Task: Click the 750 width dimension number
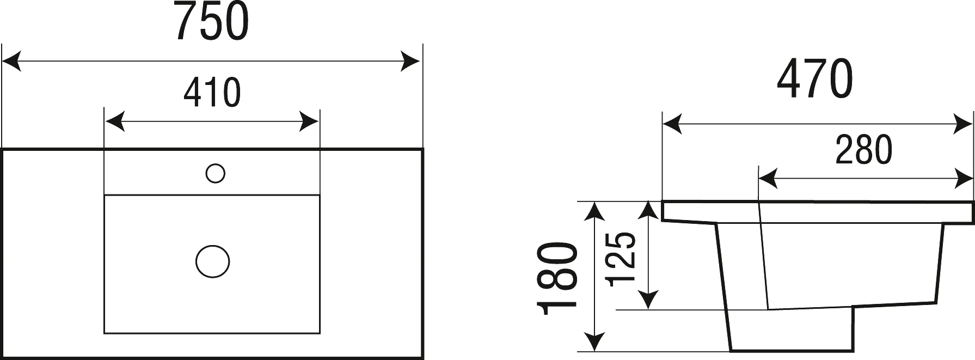coord(212,21)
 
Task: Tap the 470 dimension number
coord(814,80)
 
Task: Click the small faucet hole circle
coord(216,174)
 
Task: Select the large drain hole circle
coord(213,261)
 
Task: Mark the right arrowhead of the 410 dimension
coord(309,121)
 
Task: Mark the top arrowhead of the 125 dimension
coord(648,212)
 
